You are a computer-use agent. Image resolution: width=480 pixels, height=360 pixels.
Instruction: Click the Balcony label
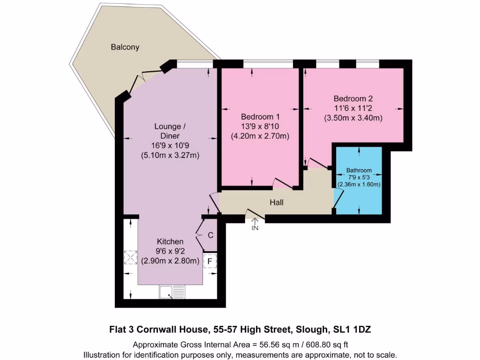pos(125,47)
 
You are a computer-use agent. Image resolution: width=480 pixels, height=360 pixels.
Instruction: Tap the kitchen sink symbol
pos(172,292)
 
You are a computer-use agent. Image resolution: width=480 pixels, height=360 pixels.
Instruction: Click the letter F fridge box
pos(210,261)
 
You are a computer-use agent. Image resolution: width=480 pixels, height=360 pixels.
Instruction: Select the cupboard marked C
pos(210,235)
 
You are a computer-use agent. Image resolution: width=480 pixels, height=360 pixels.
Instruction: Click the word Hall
pos(276,202)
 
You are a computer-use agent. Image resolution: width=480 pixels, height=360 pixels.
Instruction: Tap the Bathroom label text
pos(359,170)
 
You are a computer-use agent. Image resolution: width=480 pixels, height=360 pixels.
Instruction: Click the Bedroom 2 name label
pos(353,99)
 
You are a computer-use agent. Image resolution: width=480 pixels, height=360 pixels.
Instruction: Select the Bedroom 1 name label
pos(260,117)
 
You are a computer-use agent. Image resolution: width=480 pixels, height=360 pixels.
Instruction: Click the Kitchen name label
pos(170,241)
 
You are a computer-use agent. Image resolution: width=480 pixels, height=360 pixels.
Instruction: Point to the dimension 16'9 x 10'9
pos(170,146)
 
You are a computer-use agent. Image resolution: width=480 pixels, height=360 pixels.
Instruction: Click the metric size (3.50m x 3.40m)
pos(353,119)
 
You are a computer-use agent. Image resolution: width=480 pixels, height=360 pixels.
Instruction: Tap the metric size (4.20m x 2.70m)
pos(260,136)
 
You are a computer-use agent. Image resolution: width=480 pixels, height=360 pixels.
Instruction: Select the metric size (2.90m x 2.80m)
pos(170,261)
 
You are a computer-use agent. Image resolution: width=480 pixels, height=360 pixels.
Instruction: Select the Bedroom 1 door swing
pos(283,184)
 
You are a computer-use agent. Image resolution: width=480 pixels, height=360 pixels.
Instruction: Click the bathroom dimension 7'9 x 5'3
pos(359,177)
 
